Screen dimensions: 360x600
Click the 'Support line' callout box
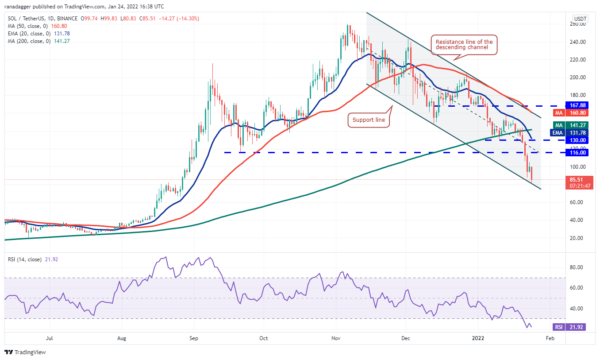tap(369, 120)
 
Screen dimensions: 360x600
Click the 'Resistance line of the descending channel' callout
tap(464, 45)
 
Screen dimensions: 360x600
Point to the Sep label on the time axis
tap(193, 338)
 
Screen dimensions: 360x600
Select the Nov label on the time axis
tap(335, 338)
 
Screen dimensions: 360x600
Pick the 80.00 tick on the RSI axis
tap(577, 267)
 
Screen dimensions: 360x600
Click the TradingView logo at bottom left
tap(25, 352)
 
